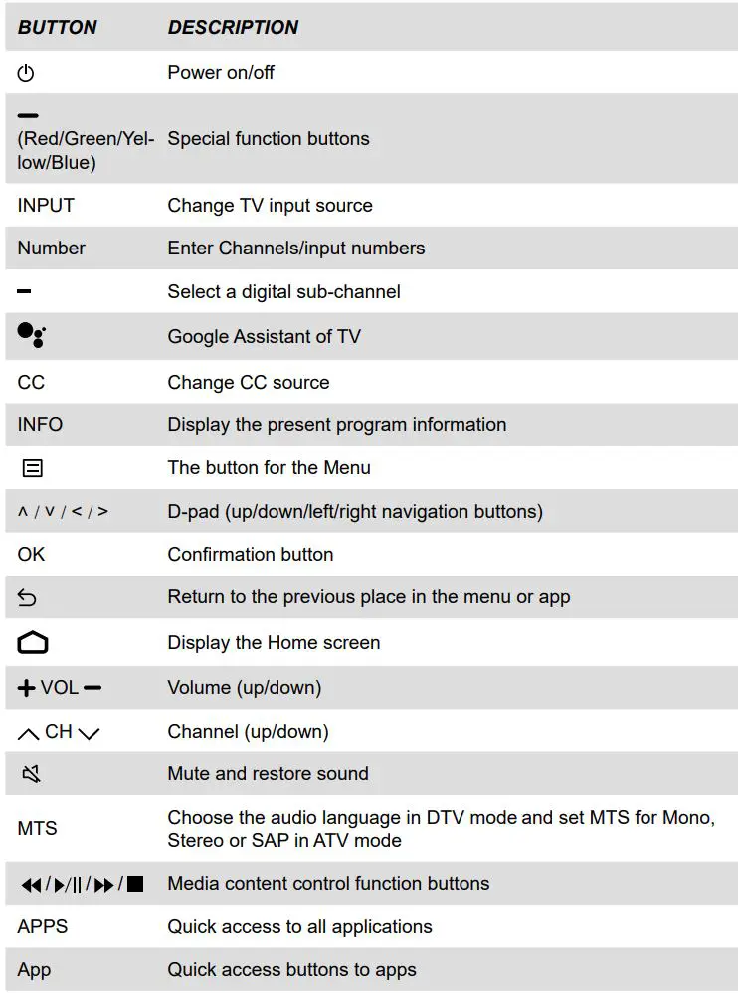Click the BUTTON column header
point(58,28)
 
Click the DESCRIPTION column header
point(233,28)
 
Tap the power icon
point(27,73)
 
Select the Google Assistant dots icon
point(32,336)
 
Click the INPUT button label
point(46,206)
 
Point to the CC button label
point(31,382)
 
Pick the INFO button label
point(40,424)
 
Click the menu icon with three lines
point(33,468)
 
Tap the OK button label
point(31,554)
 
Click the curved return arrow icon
point(28,598)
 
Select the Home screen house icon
point(32,643)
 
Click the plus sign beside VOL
point(27,688)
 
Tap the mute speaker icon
point(30,774)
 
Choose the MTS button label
point(37,828)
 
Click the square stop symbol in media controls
point(135,884)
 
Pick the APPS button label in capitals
point(43,926)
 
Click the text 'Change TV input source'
point(270,206)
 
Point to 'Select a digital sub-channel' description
point(283,292)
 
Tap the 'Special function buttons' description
point(269,139)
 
